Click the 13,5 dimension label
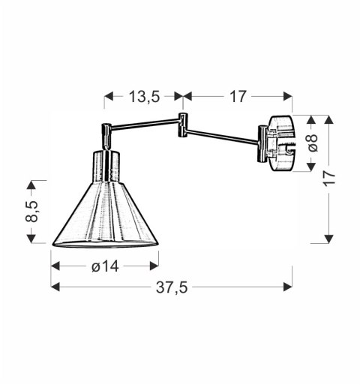click(x=144, y=96)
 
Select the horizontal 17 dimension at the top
click(x=237, y=96)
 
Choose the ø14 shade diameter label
click(x=104, y=264)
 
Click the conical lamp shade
click(x=106, y=218)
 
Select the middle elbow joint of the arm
click(x=181, y=125)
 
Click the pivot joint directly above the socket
click(x=106, y=135)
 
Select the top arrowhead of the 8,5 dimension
click(x=32, y=185)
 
